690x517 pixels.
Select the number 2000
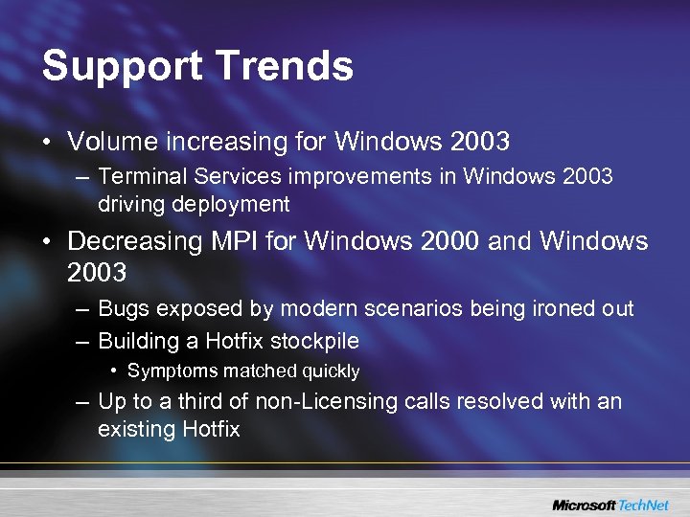[x=449, y=241]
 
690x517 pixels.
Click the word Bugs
[x=122, y=308]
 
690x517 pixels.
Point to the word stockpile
[x=315, y=341]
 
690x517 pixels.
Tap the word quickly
[x=329, y=371]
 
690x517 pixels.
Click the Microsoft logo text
[x=583, y=505]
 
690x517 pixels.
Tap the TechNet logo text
[x=647, y=505]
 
